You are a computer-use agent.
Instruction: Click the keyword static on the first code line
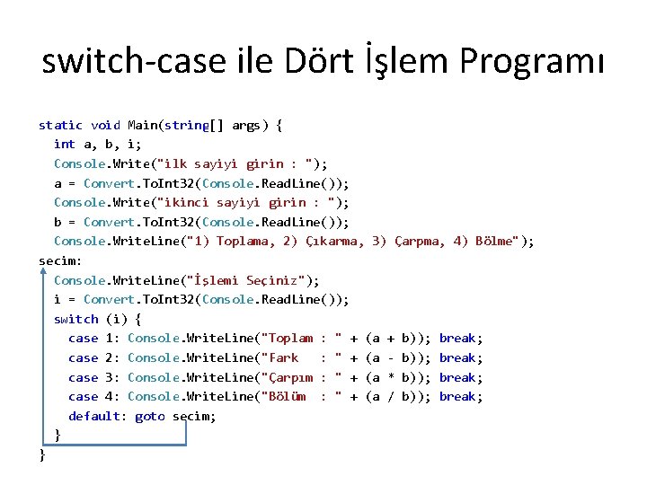(x=61, y=125)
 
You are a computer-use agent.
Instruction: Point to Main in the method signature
(x=143, y=125)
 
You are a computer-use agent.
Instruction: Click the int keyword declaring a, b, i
(x=65, y=144)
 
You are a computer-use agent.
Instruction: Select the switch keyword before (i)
(x=76, y=319)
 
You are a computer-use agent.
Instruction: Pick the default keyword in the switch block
(x=98, y=416)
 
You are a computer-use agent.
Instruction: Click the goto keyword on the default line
(x=150, y=416)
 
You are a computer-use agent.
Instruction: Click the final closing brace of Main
(x=42, y=455)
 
